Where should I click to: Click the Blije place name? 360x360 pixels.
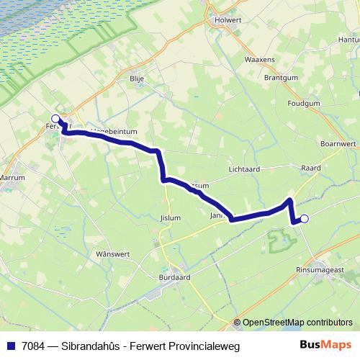point(138,79)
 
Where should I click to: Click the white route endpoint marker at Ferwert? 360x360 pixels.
point(55,119)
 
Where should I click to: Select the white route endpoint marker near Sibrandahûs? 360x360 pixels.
point(304,219)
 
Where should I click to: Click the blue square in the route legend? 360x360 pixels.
point(10,346)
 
